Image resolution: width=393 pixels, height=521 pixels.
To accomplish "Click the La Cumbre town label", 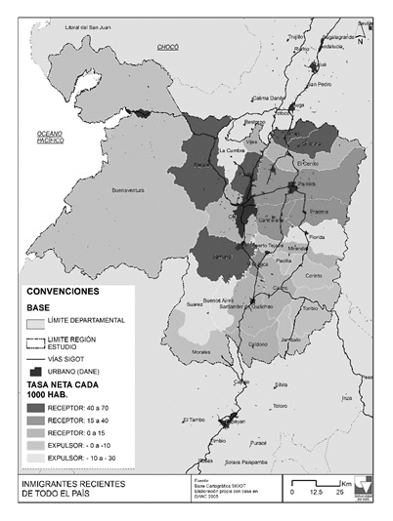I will (x=232, y=152).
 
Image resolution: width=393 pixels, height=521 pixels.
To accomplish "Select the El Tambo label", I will (x=194, y=421).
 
